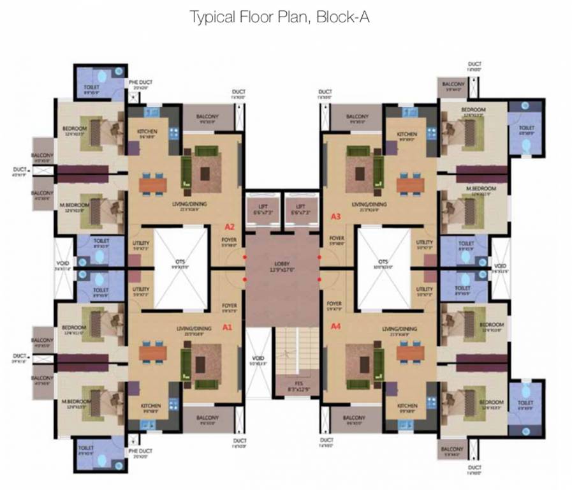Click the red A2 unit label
(230, 226)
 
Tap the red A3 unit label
(336, 217)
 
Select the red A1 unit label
(226, 327)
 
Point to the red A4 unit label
(336, 326)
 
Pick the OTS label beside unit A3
(383, 262)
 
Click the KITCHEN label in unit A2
(148, 133)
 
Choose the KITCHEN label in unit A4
(407, 406)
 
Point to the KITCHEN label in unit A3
(407, 135)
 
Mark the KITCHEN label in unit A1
(150, 406)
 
